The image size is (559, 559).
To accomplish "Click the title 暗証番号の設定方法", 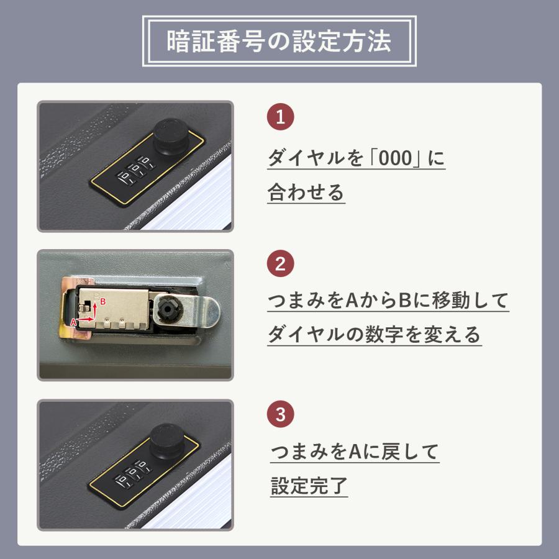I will pyautogui.click(x=279, y=42).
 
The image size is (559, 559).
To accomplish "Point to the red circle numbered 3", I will pyautogui.click(x=280, y=414).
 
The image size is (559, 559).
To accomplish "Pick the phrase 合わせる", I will pyautogui.click(x=306, y=193).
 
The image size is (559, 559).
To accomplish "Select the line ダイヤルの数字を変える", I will pyautogui.click(x=374, y=335).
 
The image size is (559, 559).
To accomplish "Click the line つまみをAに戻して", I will pyautogui.click(x=355, y=452).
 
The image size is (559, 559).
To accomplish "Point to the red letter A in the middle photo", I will pyautogui.click(x=73, y=323).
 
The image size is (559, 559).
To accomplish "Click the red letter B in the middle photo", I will pyautogui.click(x=104, y=301).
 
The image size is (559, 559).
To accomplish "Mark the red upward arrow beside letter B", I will pyautogui.click(x=96, y=309).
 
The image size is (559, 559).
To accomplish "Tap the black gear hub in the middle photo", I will pyautogui.click(x=168, y=309).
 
